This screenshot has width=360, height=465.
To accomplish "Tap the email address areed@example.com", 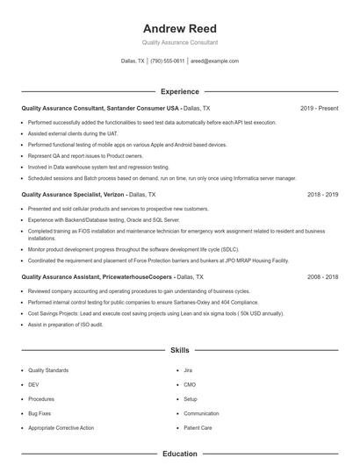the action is click(215, 61).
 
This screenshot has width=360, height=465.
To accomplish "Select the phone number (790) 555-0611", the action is click(168, 61).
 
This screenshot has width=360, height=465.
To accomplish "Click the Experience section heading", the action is click(179, 91).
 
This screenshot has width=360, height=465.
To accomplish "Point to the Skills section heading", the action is click(179, 350).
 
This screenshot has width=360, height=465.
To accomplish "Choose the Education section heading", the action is click(179, 454).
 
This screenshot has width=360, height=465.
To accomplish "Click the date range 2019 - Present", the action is click(319, 108).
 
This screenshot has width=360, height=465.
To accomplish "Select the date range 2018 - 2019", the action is click(322, 194).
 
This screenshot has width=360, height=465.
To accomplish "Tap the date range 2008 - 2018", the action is click(322, 276).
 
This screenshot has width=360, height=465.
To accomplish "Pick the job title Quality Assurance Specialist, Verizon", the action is click(74, 194).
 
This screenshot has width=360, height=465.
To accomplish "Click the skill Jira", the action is click(189, 371).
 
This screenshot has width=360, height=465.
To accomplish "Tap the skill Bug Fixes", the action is click(40, 413).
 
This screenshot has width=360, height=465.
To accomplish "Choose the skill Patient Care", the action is click(198, 427).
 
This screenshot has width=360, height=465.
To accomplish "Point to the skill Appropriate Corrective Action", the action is click(61, 427).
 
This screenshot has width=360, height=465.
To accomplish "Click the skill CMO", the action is click(190, 385).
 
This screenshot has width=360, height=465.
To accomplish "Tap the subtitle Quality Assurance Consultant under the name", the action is click(179, 42).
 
